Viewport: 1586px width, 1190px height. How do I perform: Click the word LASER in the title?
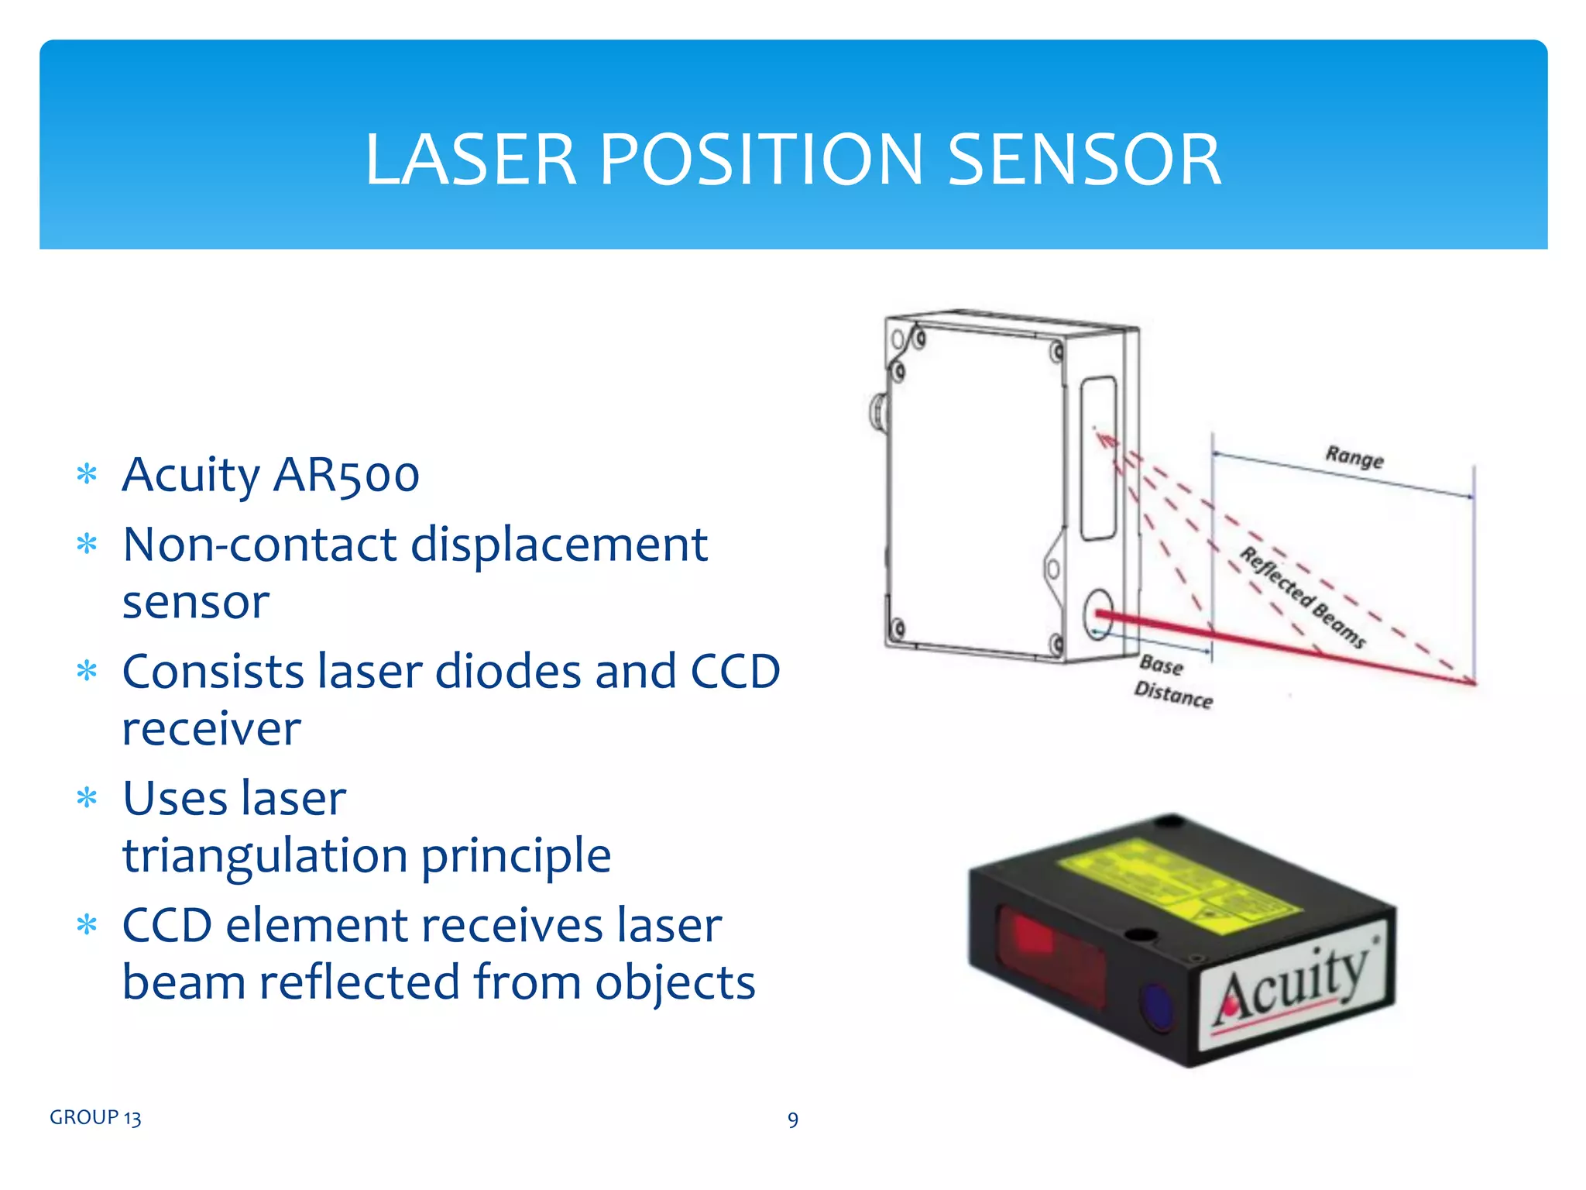point(471,160)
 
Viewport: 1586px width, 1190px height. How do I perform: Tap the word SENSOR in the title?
point(1084,160)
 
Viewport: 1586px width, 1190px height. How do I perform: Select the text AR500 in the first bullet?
point(346,475)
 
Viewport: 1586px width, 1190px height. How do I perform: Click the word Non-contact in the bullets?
point(259,545)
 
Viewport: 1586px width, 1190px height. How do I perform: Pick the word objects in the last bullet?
point(675,982)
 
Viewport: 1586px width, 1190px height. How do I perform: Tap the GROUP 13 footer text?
point(95,1117)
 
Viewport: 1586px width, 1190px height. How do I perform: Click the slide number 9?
point(792,1119)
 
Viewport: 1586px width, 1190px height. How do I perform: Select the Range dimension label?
point(1354,457)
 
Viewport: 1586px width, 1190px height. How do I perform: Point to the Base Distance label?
point(1172,682)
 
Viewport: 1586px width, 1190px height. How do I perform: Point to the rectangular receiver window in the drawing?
point(1098,457)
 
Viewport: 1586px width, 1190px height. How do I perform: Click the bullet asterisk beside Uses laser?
point(88,797)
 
